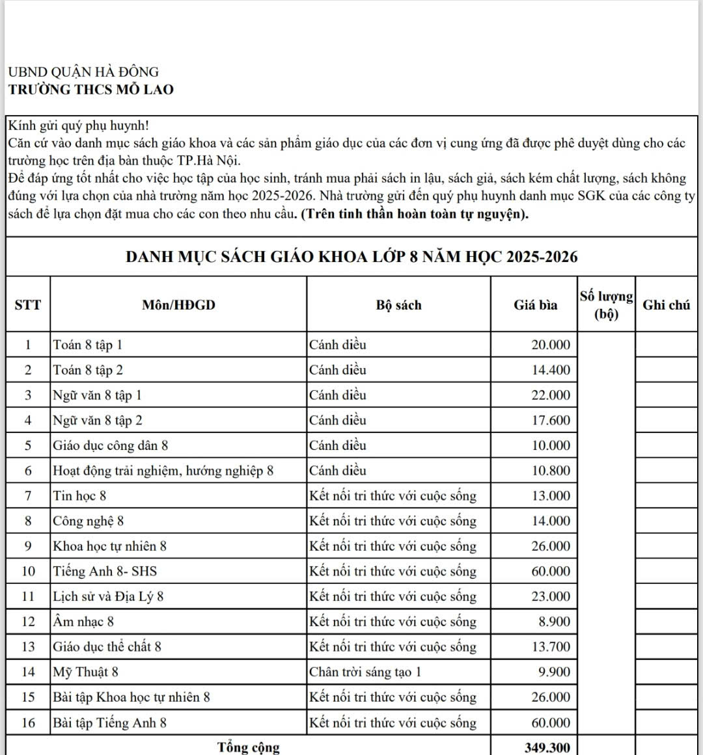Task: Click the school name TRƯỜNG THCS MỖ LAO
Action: pyautogui.click(x=91, y=90)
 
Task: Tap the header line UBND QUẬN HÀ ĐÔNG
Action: pyautogui.click(x=83, y=72)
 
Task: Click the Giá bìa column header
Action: pyautogui.click(x=535, y=305)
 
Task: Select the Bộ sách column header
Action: pyautogui.click(x=398, y=305)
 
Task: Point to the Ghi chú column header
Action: pyautogui.click(x=666, y=305)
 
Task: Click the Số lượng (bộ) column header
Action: pyautogui.click(x=606, y=305)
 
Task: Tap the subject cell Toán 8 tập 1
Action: pyautogui.click(x=88, y=345)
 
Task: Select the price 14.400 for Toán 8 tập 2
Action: pyautogui.click(x=550, y=370)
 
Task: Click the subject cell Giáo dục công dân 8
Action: pyautogui.click(x=111, y=445)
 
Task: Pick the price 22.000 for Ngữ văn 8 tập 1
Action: pyautogui.click(x=550, y=395)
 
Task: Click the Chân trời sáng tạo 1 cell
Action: pyautogui.click(x=365, y=672)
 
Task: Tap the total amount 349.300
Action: pyautogui.click(x=547, y=748)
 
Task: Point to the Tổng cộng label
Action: pyautogui.click(x=249, y=747)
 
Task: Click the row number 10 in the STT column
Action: pyautogui.click(x=28, y=571)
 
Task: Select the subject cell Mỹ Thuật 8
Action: pyautogui.click(x=86, y=672)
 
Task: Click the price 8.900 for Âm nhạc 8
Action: pyautogui.click(x=554, y=622)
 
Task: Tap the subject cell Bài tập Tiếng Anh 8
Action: pyautogui.click(x=110, y=722)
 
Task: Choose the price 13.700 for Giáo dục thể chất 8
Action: pyautogui.click(x=550, y=647)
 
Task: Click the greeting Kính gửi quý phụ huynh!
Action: pyautogui.click(x=79, y=126)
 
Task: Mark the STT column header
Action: pyautogui.click(x=27, y=305)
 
